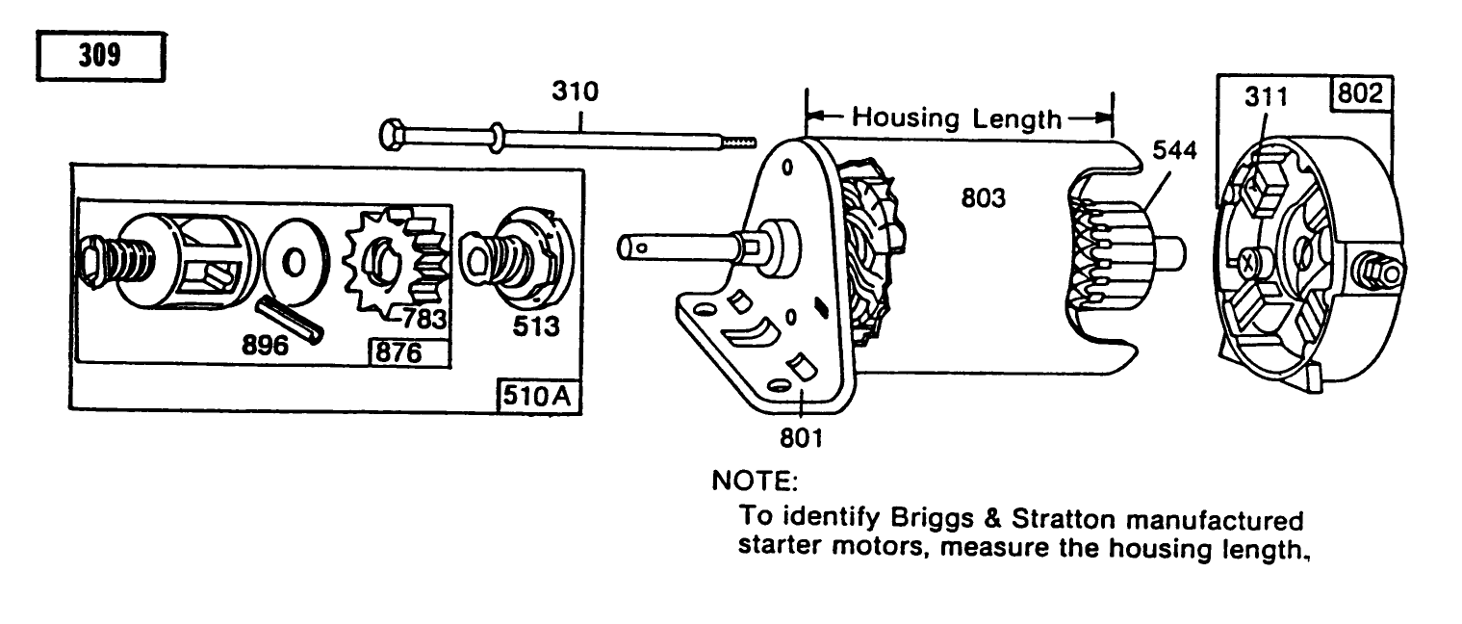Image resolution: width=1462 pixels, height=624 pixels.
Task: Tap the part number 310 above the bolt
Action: [575, 92]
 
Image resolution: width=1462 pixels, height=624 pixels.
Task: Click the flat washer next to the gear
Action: [295, 261]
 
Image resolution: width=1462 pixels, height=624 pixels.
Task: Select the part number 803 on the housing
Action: [984, 199]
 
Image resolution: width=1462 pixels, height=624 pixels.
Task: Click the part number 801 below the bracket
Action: [801, 439]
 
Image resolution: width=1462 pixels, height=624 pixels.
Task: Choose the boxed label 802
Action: [1359, 95]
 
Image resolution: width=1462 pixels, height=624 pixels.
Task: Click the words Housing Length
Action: [958, 118]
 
